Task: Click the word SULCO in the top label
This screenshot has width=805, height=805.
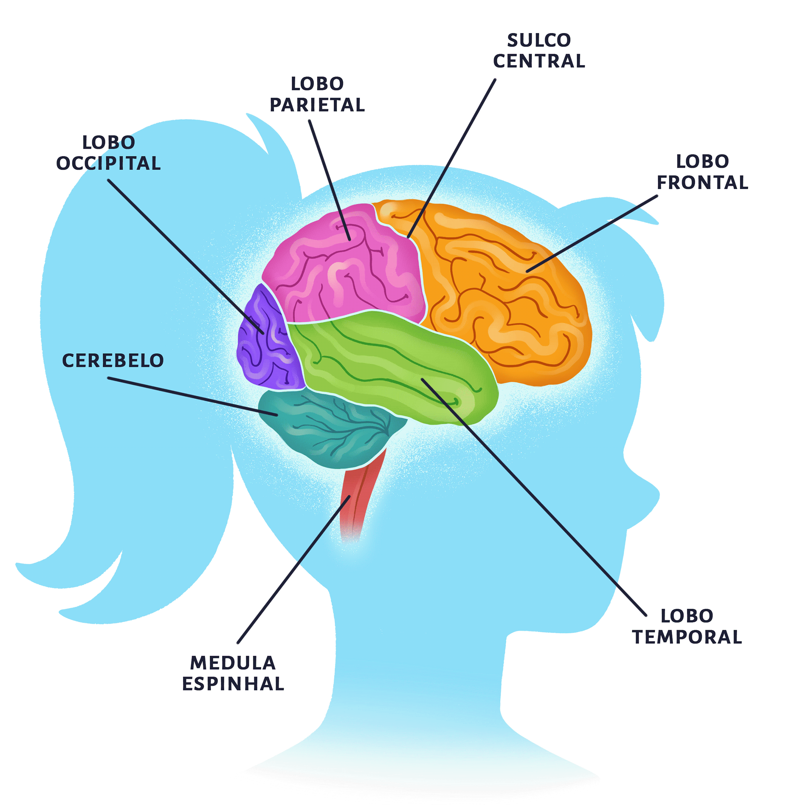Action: (539, 41)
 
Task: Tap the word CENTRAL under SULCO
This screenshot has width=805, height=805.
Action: (539, 61)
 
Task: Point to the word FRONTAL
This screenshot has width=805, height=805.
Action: (703, 182)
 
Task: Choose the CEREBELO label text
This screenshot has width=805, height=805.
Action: (113, 360)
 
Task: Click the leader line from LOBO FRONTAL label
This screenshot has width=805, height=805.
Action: (592, 234)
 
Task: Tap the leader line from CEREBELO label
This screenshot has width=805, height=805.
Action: (192, 396)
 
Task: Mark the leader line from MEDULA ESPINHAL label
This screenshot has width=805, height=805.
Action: (292, 571)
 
